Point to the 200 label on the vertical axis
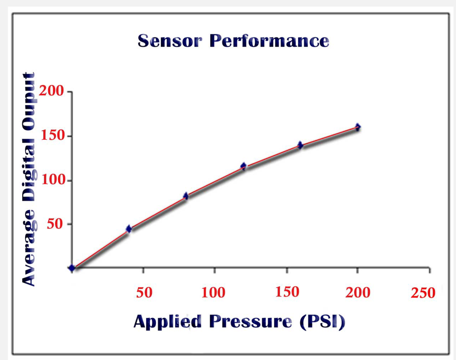point(52,91)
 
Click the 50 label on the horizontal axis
point(144,293)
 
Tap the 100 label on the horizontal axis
point(213,293)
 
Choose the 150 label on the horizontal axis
point(287,292)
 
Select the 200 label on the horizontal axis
point(358,293)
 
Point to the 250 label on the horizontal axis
point(423,293)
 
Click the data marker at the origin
point(72,268)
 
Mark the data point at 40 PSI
point(129,229)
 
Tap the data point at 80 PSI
point(186,196)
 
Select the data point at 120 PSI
point(243,166)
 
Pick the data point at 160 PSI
point(300,145)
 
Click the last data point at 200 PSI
point(358,127)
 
